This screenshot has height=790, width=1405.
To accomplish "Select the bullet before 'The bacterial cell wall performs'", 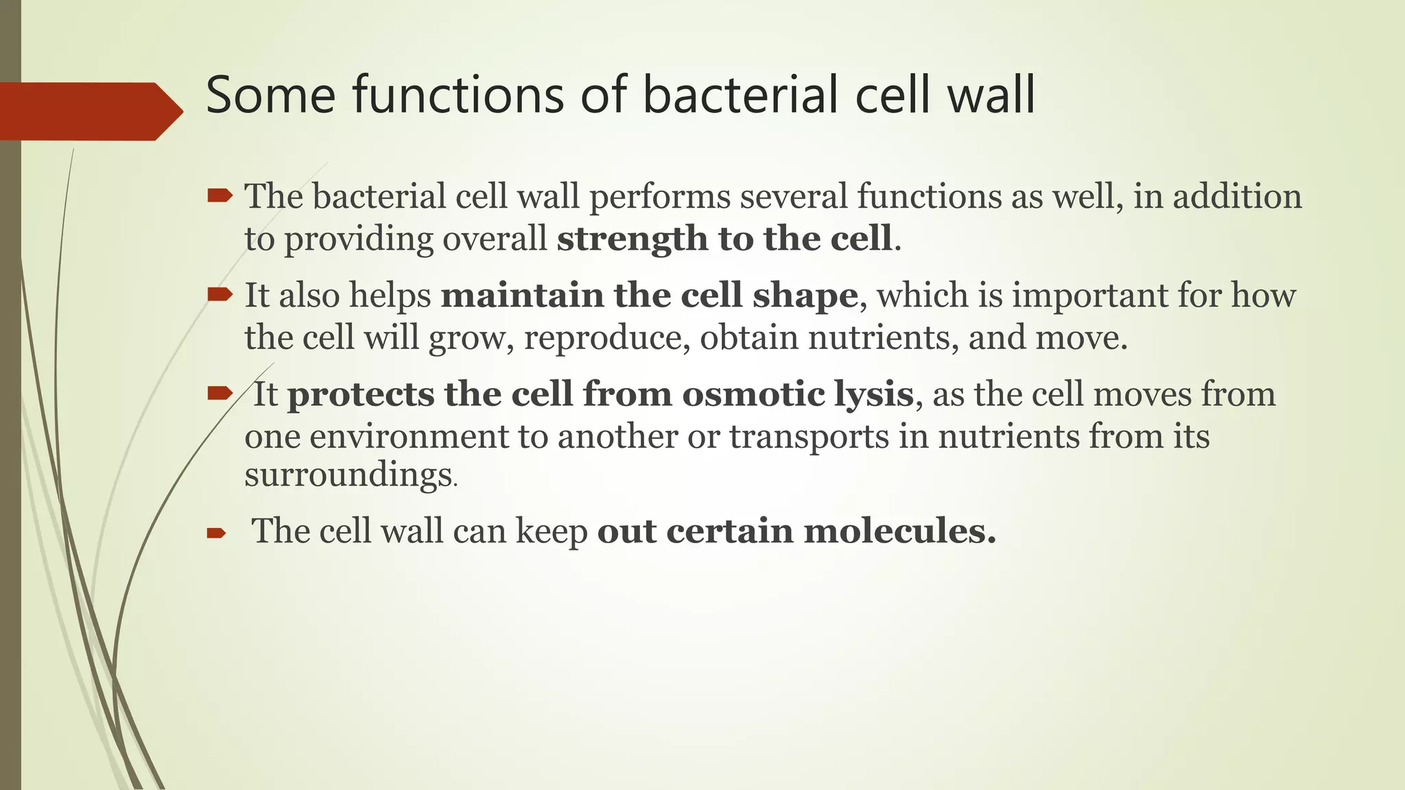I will point(220,197).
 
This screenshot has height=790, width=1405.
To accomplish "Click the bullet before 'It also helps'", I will point(220,296).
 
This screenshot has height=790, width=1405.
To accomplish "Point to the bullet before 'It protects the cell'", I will point(220,394).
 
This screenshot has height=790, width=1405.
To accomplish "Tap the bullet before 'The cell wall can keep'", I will point(217,533).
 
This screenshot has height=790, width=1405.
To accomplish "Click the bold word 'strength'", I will point(632,239).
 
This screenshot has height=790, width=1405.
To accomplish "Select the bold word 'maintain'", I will point(521,296).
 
